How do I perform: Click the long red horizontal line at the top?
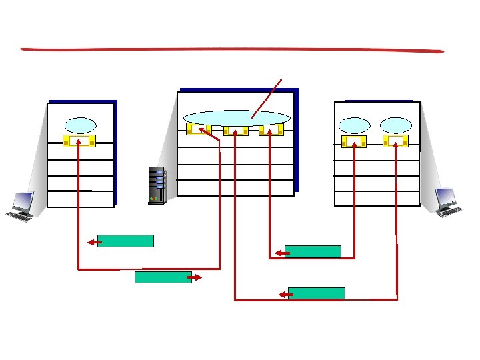(232, 49)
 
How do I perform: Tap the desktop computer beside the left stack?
(20, 206)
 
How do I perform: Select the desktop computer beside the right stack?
(447, 201)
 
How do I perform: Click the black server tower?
(157, 185)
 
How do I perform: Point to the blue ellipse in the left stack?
(80, 125)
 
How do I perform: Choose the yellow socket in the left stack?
(79, 141)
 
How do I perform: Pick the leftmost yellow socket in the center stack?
(199, 129)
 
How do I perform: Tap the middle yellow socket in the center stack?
(235, 130)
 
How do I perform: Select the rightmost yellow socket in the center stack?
(271, 129)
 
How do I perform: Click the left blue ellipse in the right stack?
(354, 125)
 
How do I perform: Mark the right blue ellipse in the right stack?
(396, 125)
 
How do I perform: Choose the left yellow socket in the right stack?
(353, 141)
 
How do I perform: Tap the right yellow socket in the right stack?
(395, 141)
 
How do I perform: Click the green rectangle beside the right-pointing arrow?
(163, 277)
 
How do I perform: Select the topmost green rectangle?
(125, 241)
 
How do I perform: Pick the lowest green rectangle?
(317, 293)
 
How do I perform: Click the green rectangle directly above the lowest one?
(313, 251)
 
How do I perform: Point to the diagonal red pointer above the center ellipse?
(267, 99)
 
